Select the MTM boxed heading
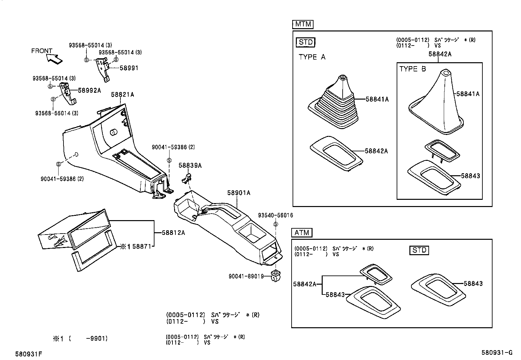pos(302,24)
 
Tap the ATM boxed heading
pos(302,233)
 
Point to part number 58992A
pos(89,90)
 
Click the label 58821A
pos(122,94)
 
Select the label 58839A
pos(190,165)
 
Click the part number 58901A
pos(239,193)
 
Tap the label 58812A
pos(173,233)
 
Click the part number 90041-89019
pos(246,276)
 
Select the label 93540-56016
pos(276,215)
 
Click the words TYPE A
pos(312,57)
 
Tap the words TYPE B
pos(413,69)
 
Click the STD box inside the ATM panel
pos(419,250)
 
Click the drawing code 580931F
pos(29,354)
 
